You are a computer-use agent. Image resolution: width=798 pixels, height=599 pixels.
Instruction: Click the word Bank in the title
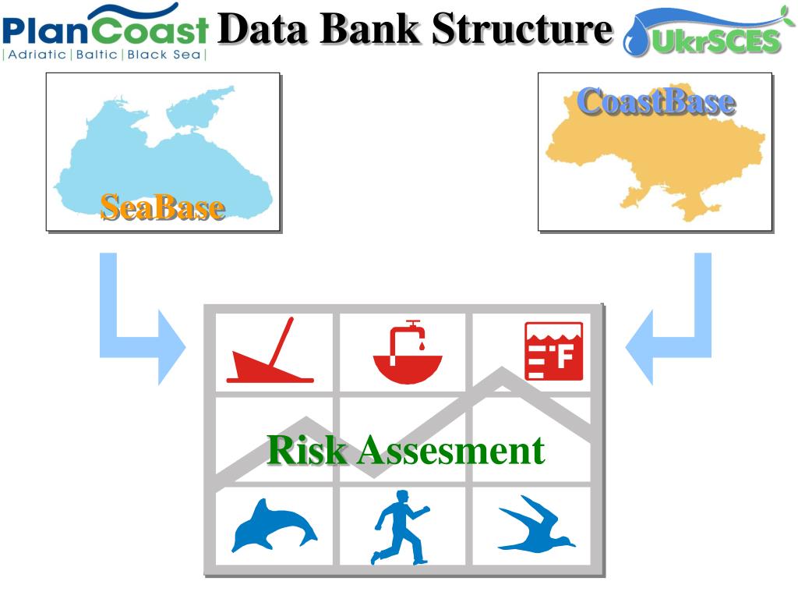pos(369,29)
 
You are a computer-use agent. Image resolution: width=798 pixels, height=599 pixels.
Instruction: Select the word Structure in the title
pos(521,29)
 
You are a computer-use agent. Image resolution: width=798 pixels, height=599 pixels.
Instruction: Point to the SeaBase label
pos(163,207)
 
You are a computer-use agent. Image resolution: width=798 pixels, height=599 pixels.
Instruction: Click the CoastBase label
pos(655,101)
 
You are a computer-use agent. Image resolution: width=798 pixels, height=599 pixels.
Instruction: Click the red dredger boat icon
pos(269,355)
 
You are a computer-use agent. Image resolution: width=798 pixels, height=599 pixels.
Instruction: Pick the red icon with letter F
pos(553,351)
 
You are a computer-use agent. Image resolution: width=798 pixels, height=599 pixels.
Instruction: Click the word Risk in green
pos(305,450)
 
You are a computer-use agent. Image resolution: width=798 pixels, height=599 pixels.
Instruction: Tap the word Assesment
pos(450,450)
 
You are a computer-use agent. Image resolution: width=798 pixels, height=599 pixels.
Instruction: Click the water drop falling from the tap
pos(421,343)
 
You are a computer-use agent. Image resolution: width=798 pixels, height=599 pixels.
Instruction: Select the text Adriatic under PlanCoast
pos(36,55)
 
